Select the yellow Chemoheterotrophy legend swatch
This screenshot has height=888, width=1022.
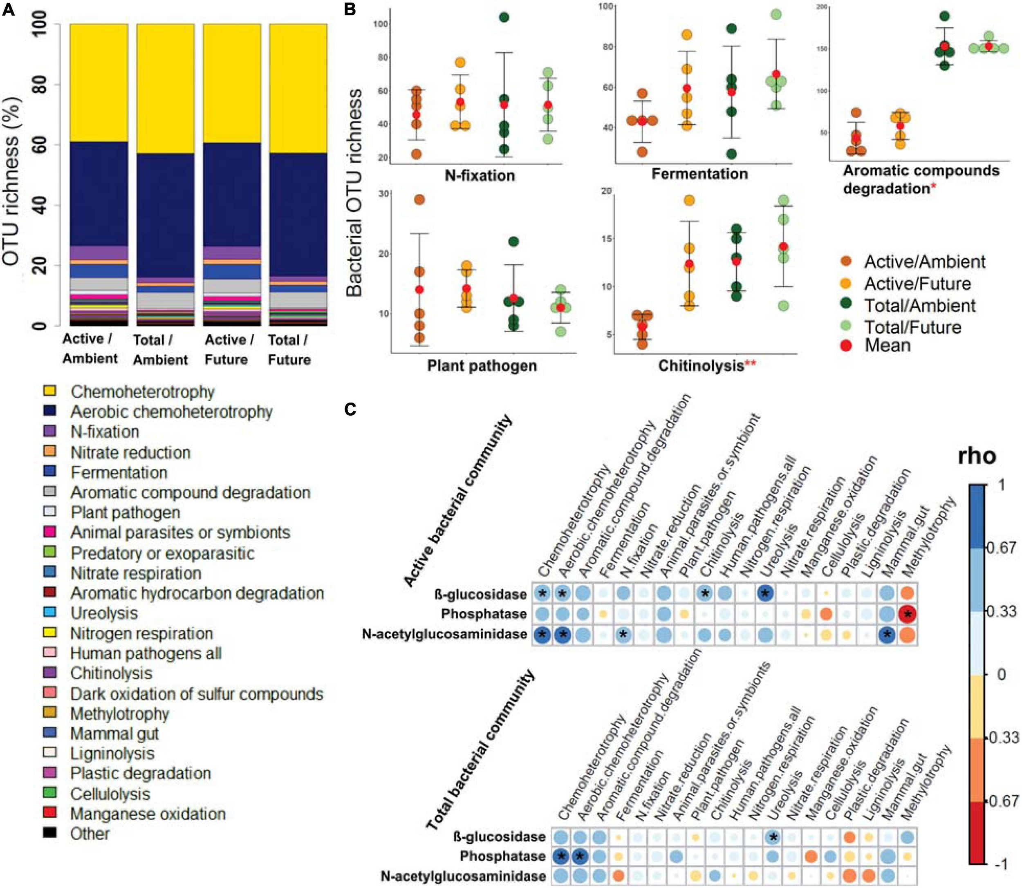(x=49, y=391)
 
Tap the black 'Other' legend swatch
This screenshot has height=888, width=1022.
(x=49, y=832)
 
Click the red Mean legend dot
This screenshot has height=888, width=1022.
(x=847, y=345)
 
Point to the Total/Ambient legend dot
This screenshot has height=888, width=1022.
(x=847, y=303)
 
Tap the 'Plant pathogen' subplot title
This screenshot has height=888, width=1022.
(x=482, y=366)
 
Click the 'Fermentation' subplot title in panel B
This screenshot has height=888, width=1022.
(x=699, y=174)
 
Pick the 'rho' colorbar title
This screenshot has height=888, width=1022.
(x=976, y=455)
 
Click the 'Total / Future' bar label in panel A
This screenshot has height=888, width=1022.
(x=289, y=350)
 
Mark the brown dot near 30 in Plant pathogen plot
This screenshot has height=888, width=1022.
(x=419, y=200)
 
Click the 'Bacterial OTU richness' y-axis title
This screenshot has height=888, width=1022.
(x=354, y=193)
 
